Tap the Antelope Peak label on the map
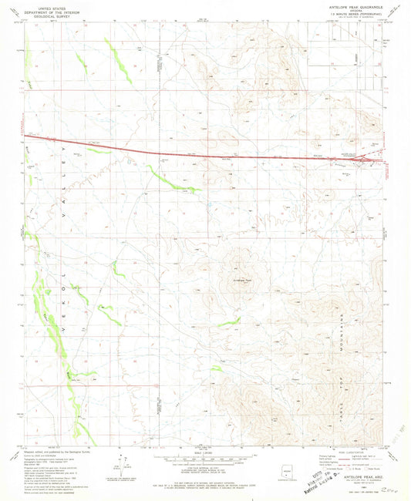pyautogui.click(x=244, y=280)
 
